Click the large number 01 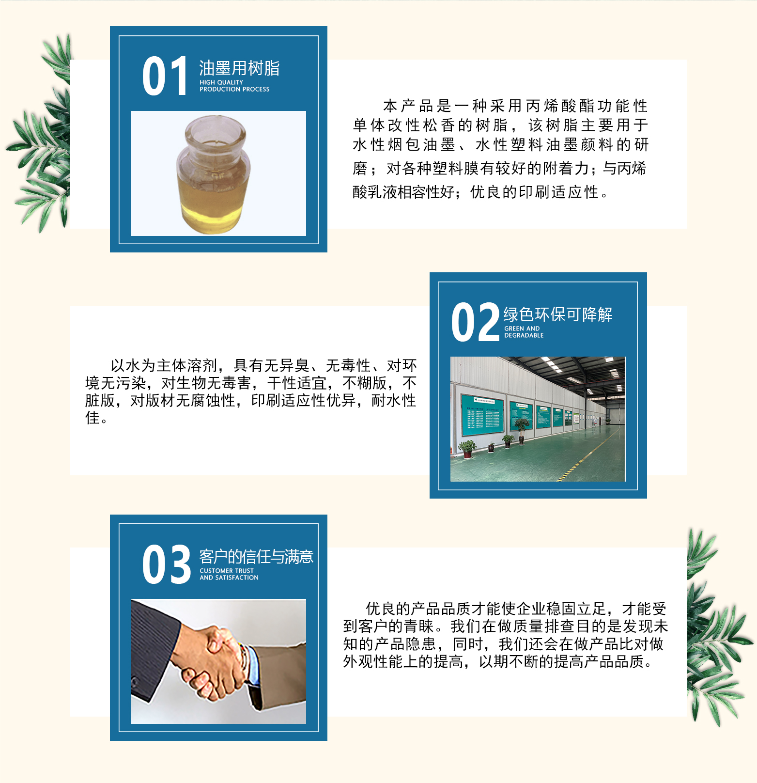(165, 76)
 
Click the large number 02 (475, 322)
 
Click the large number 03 (167, 564)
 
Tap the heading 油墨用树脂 (239, 68)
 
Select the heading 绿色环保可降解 (558, 314)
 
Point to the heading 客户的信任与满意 (256, 557)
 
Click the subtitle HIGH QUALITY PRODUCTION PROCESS (234, 86)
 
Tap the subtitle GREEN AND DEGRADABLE (524, 332)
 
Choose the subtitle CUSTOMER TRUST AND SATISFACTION (229, 574)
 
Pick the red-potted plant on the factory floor (467, 449)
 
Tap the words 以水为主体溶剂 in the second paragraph (164, 365)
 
